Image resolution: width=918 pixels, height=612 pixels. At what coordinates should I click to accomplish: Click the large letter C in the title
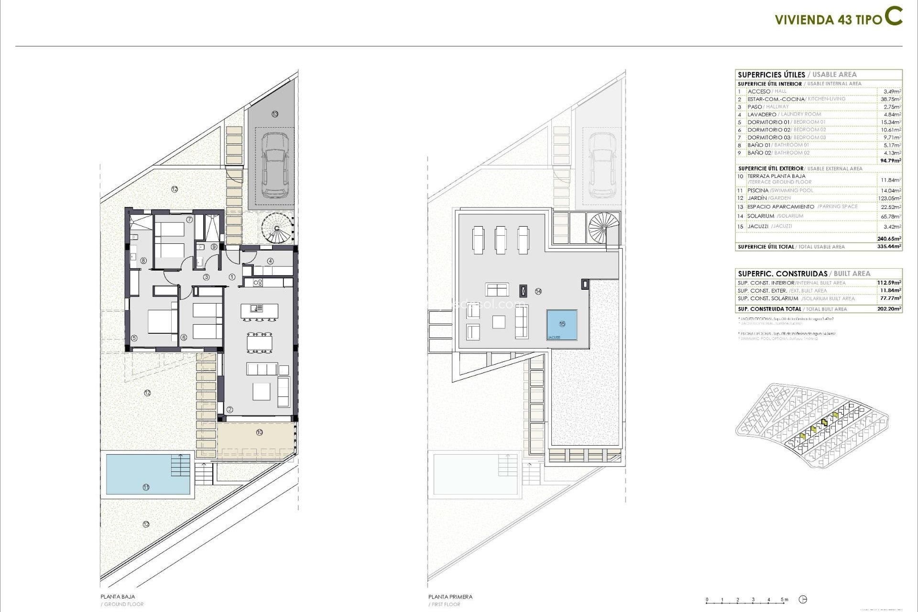(x=893, y=16)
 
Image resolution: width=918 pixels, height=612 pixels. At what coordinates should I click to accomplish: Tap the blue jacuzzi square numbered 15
(x=562, y=325)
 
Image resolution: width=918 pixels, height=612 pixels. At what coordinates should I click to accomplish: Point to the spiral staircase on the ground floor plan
(x=277, y=228)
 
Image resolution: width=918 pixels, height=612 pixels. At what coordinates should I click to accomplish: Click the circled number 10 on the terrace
(x=259, y=432)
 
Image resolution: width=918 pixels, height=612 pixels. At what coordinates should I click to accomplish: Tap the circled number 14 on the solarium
(x=538, y=291)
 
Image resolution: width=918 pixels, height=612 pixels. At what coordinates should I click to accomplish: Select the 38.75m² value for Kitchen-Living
(x=891, y=99)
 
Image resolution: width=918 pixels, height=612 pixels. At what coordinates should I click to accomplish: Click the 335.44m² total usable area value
(x=889, y=247)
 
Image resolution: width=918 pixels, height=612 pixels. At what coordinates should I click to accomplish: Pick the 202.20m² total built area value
(x=889, y=309)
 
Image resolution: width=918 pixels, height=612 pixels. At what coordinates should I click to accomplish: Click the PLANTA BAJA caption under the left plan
(x=118, y=597)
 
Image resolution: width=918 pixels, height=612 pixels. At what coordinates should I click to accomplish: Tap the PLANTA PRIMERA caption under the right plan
(x=450, y=597)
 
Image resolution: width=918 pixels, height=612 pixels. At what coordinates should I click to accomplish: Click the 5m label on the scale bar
(x=785, y=600)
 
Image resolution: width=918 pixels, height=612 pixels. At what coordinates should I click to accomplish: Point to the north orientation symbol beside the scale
(x=803, y=600)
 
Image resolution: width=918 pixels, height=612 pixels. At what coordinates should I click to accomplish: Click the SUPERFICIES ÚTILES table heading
(x=771, y=75)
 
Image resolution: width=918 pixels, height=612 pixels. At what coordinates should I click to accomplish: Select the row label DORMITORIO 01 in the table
(x=768, y=122)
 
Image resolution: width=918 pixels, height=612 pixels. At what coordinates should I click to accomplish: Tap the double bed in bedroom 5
(x=162, y=321)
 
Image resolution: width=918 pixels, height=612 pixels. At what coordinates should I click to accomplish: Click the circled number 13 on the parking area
(x=275, y=114)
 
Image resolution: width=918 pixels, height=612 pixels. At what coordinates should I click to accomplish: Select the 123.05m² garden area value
(x=889, y=198)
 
